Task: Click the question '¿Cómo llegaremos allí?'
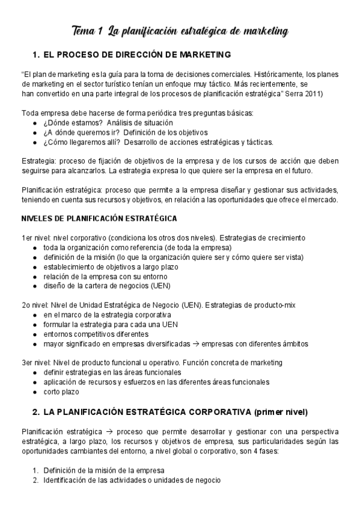point(77,142)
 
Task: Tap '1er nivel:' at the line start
point(38,238)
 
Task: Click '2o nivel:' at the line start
point(38,305)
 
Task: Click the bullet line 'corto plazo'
point(60,392)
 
